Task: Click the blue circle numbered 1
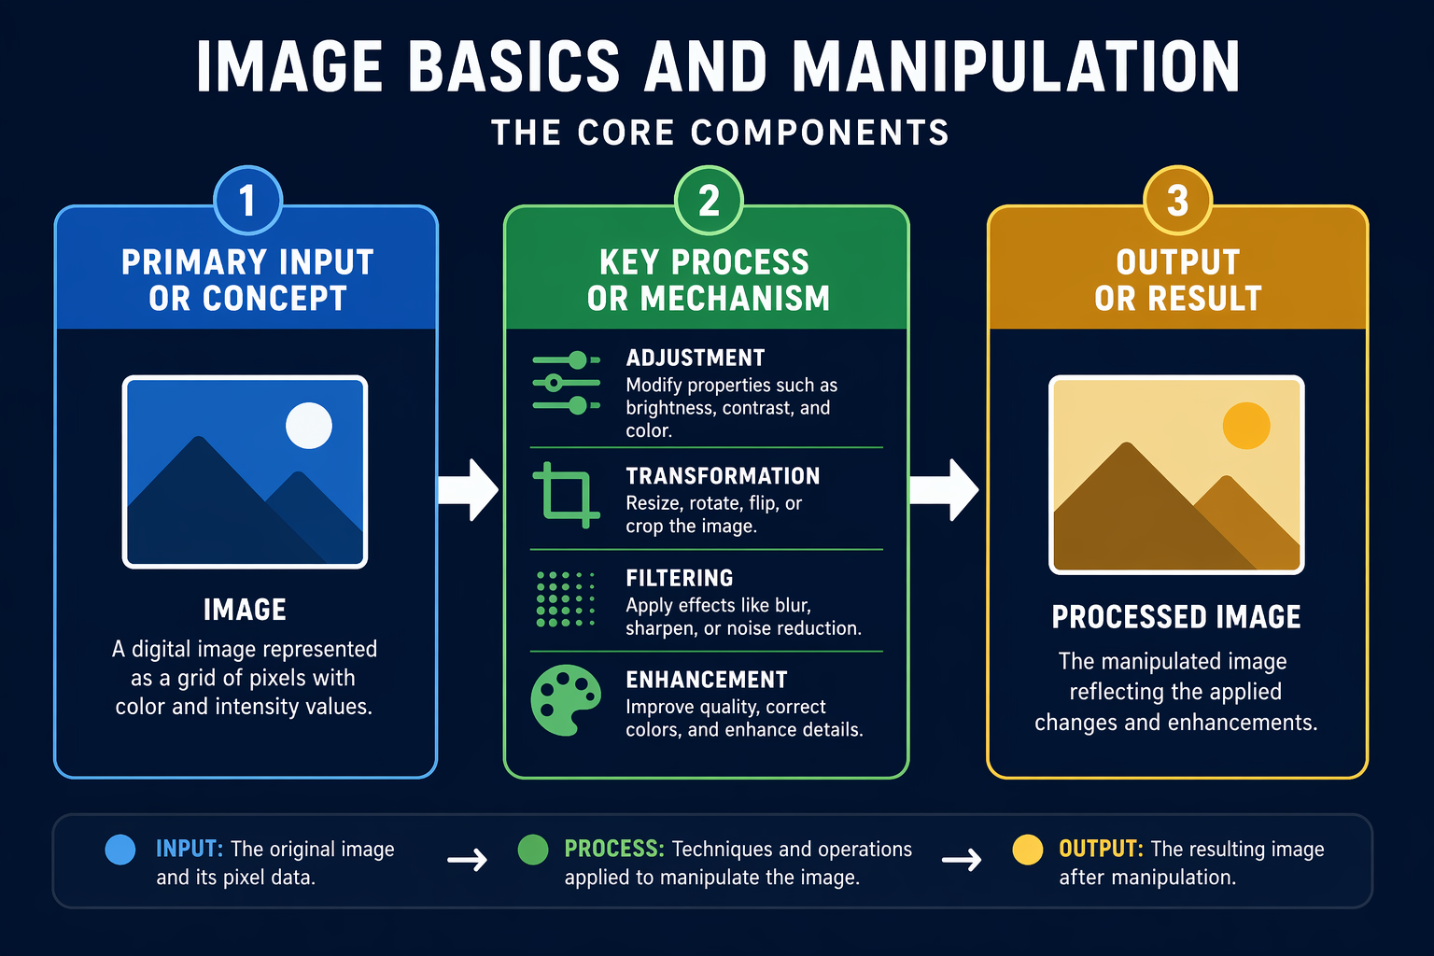[247, 201]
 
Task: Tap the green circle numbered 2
[709, 201]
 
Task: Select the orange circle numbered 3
[1178, 201]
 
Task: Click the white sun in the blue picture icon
[309, 425]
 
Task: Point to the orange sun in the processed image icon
[1246, 425]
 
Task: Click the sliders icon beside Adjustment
[566, 383]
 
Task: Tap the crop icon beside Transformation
[566, 495]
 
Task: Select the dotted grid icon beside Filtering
[566, 599]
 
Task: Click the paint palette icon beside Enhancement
[566, 700]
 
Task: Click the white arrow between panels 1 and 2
[469, 490]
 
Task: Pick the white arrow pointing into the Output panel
[944, 490]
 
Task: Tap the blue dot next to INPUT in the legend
[120, 850]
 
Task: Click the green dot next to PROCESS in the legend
[533, 850]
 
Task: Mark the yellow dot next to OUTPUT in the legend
[1028, 850]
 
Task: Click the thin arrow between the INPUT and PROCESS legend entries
[468, 860]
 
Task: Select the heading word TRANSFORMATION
[723, 476]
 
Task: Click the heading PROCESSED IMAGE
[1176, 617]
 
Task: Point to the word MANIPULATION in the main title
[1017, 66]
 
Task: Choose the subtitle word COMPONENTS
[820, 133]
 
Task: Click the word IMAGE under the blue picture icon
[245, 610]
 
